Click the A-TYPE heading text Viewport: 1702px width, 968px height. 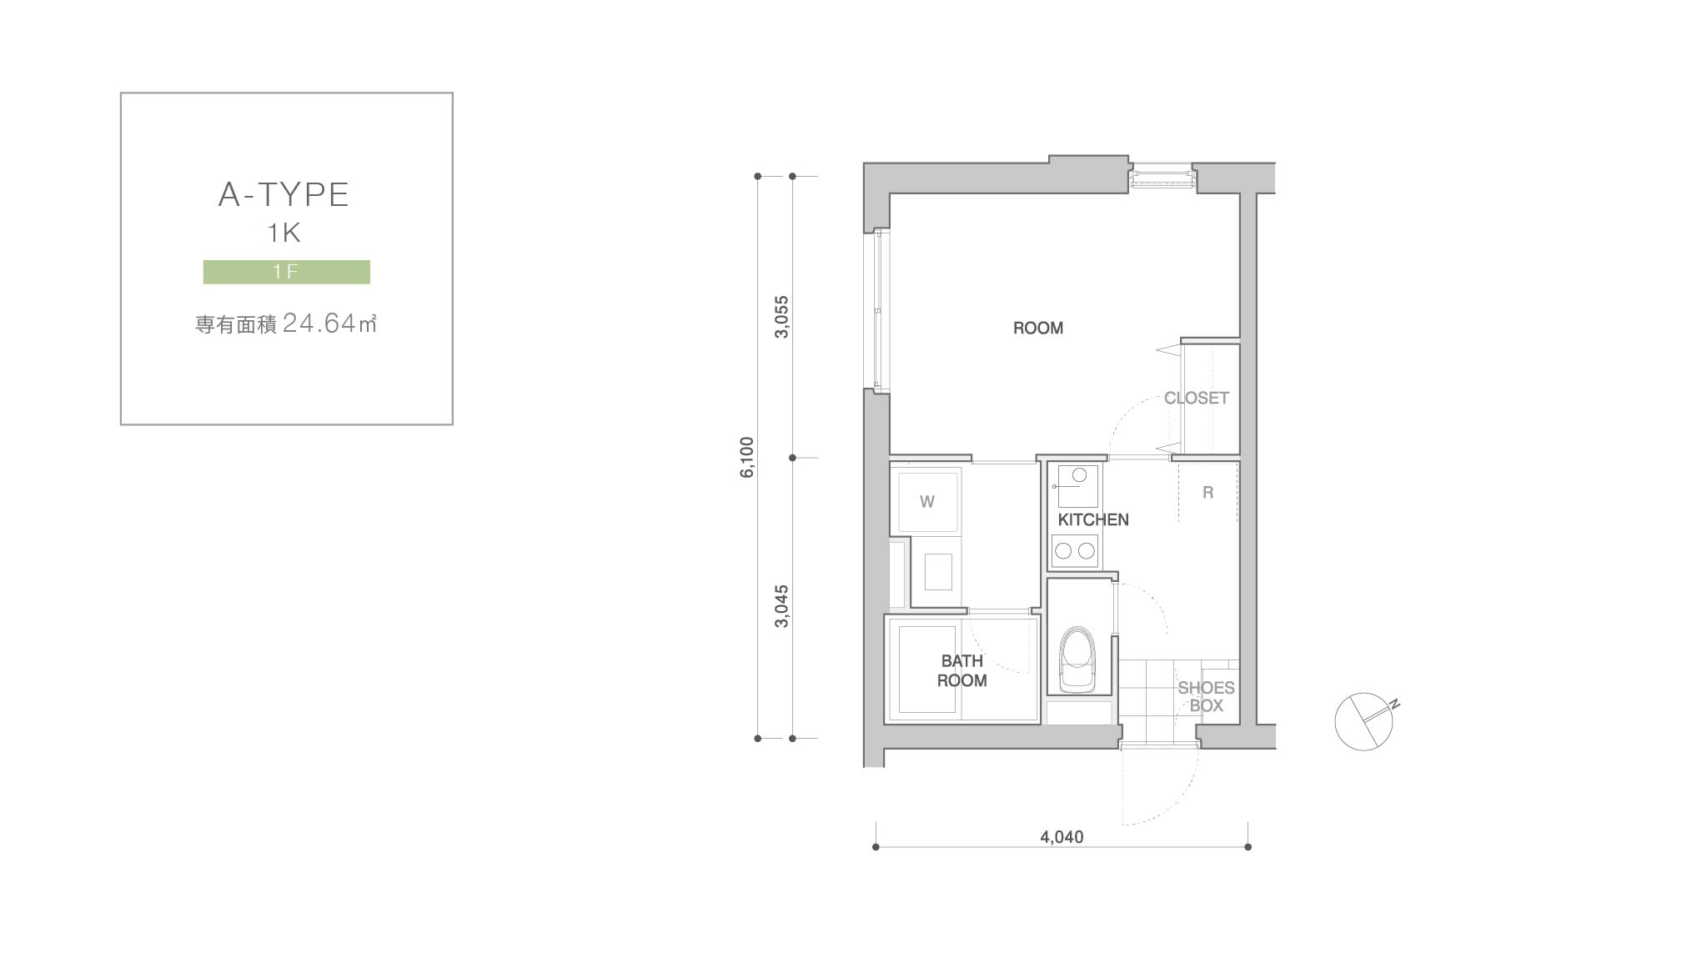pos(284,194)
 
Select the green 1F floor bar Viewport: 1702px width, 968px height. pos(286,272)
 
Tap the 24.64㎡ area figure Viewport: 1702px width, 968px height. pos(329,323)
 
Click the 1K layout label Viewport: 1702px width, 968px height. pos(284,233)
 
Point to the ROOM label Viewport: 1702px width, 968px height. pos(1038,329)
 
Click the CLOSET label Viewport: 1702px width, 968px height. pos(1197,399)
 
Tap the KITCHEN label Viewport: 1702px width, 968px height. pos(1093,519)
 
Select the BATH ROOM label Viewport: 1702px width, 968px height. pos(962,670)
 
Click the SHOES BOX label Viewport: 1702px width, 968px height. pos(1207,697)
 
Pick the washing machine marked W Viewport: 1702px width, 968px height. pos(926,500)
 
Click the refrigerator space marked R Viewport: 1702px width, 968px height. pos(1208,493)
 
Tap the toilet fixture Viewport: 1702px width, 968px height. pos(1077,660)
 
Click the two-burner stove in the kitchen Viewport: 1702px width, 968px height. pos(1075,550)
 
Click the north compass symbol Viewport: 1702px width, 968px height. pos(1364,720)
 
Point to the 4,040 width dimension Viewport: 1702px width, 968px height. pos(1062,837)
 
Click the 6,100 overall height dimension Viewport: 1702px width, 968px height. pos(746,457)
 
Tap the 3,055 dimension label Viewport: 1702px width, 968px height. pos(781,317)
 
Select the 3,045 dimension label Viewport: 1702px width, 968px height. pos(781,606)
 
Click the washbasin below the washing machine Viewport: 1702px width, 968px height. pos(938,572)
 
